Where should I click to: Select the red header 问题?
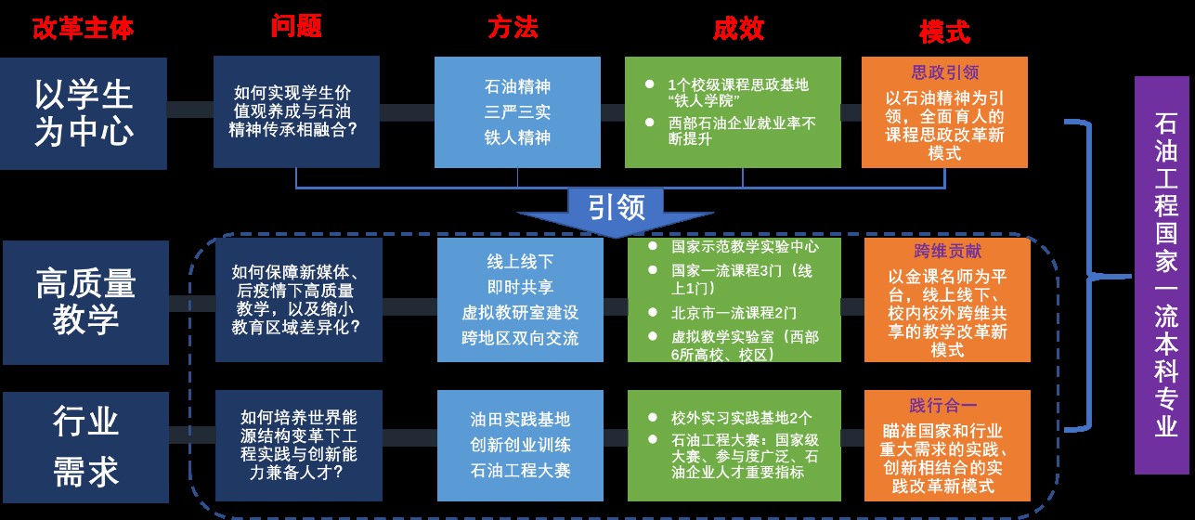pyautogui.click(x=296, y=27)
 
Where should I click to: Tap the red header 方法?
pyautogui.click(x=513, y=28)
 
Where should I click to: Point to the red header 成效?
pyautogui.click(x=738, y=28)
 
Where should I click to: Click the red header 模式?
pyautogui.click(x=944, y=32)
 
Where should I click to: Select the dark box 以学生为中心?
pyautogui.click(x=83, y=112)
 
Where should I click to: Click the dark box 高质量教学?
pyautogui.click(x=84, y=299)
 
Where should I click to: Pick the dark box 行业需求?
pyautogui.click(x=84, y=448)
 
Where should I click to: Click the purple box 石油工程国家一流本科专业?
pyautogui.click(x=1163, y=275)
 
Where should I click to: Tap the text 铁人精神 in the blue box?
pyautogui.click(x=517, y=137)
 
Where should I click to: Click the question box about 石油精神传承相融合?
pyautogui.click(x=296, y=111)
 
